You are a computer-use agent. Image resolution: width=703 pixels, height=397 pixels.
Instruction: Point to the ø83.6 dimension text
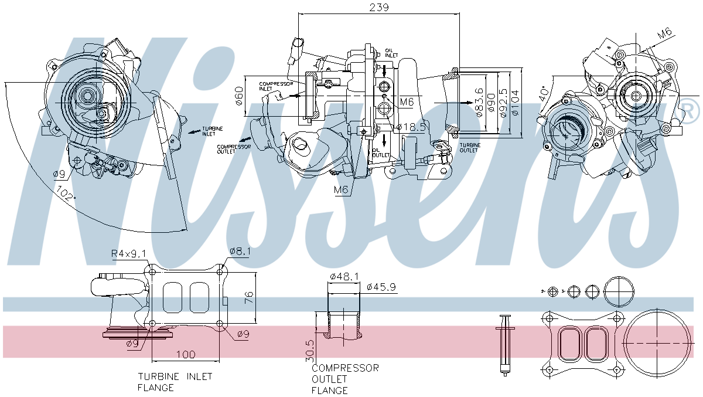tap(479, 103)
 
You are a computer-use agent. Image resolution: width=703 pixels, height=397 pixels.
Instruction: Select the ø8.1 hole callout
tap(240, 251)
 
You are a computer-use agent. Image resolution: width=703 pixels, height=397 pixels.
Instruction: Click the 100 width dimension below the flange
tap(185, 355)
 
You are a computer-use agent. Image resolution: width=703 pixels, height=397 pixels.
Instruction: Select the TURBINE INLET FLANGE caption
tap(175, 382)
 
